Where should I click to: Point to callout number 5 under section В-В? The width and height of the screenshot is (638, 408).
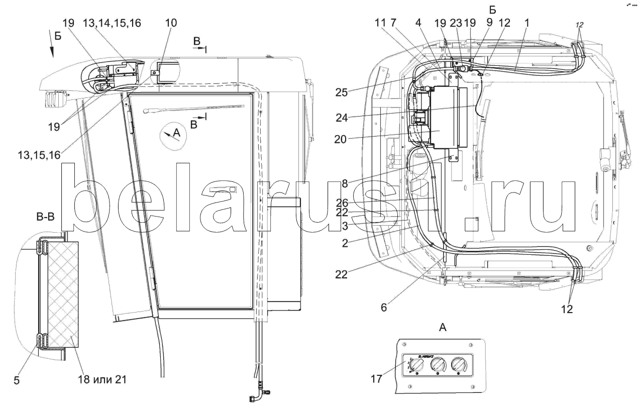[x=17, y=381]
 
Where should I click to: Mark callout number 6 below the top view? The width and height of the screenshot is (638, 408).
[x=384, y=307]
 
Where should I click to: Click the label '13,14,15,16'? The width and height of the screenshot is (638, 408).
[x=105, y=23]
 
